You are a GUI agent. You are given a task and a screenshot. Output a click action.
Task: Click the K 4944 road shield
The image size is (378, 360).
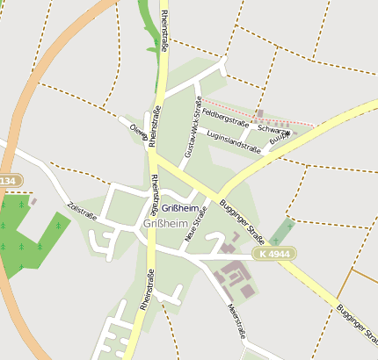[x=274, y=254]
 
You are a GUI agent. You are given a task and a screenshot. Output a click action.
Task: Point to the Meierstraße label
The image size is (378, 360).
[x=235, y=320]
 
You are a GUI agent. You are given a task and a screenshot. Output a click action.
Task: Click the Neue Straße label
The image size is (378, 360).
[x=196, y=224]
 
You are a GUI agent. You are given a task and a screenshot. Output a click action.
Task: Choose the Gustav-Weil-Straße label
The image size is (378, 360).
[x=192, y=126]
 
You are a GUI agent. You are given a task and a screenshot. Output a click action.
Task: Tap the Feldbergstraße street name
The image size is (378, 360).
[x=224, y=119]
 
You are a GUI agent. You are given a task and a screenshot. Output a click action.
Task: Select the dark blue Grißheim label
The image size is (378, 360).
[x=178, y=208]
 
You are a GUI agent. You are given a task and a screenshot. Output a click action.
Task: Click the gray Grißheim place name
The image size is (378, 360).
[x=164, y=224]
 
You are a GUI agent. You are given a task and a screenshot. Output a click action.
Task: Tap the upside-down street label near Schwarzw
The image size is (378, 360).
[x=277, y=138]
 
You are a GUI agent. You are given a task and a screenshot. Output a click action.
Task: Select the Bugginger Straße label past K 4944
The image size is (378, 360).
[x=355, y=324]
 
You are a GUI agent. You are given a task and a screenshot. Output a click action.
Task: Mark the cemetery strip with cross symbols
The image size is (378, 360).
[x=281, y=230]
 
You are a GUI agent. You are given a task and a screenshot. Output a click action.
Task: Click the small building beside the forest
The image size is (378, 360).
[x=33, y=201]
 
